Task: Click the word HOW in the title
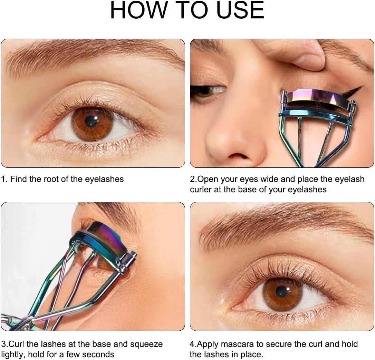click(138, 10)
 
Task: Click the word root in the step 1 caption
click(52, 179)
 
